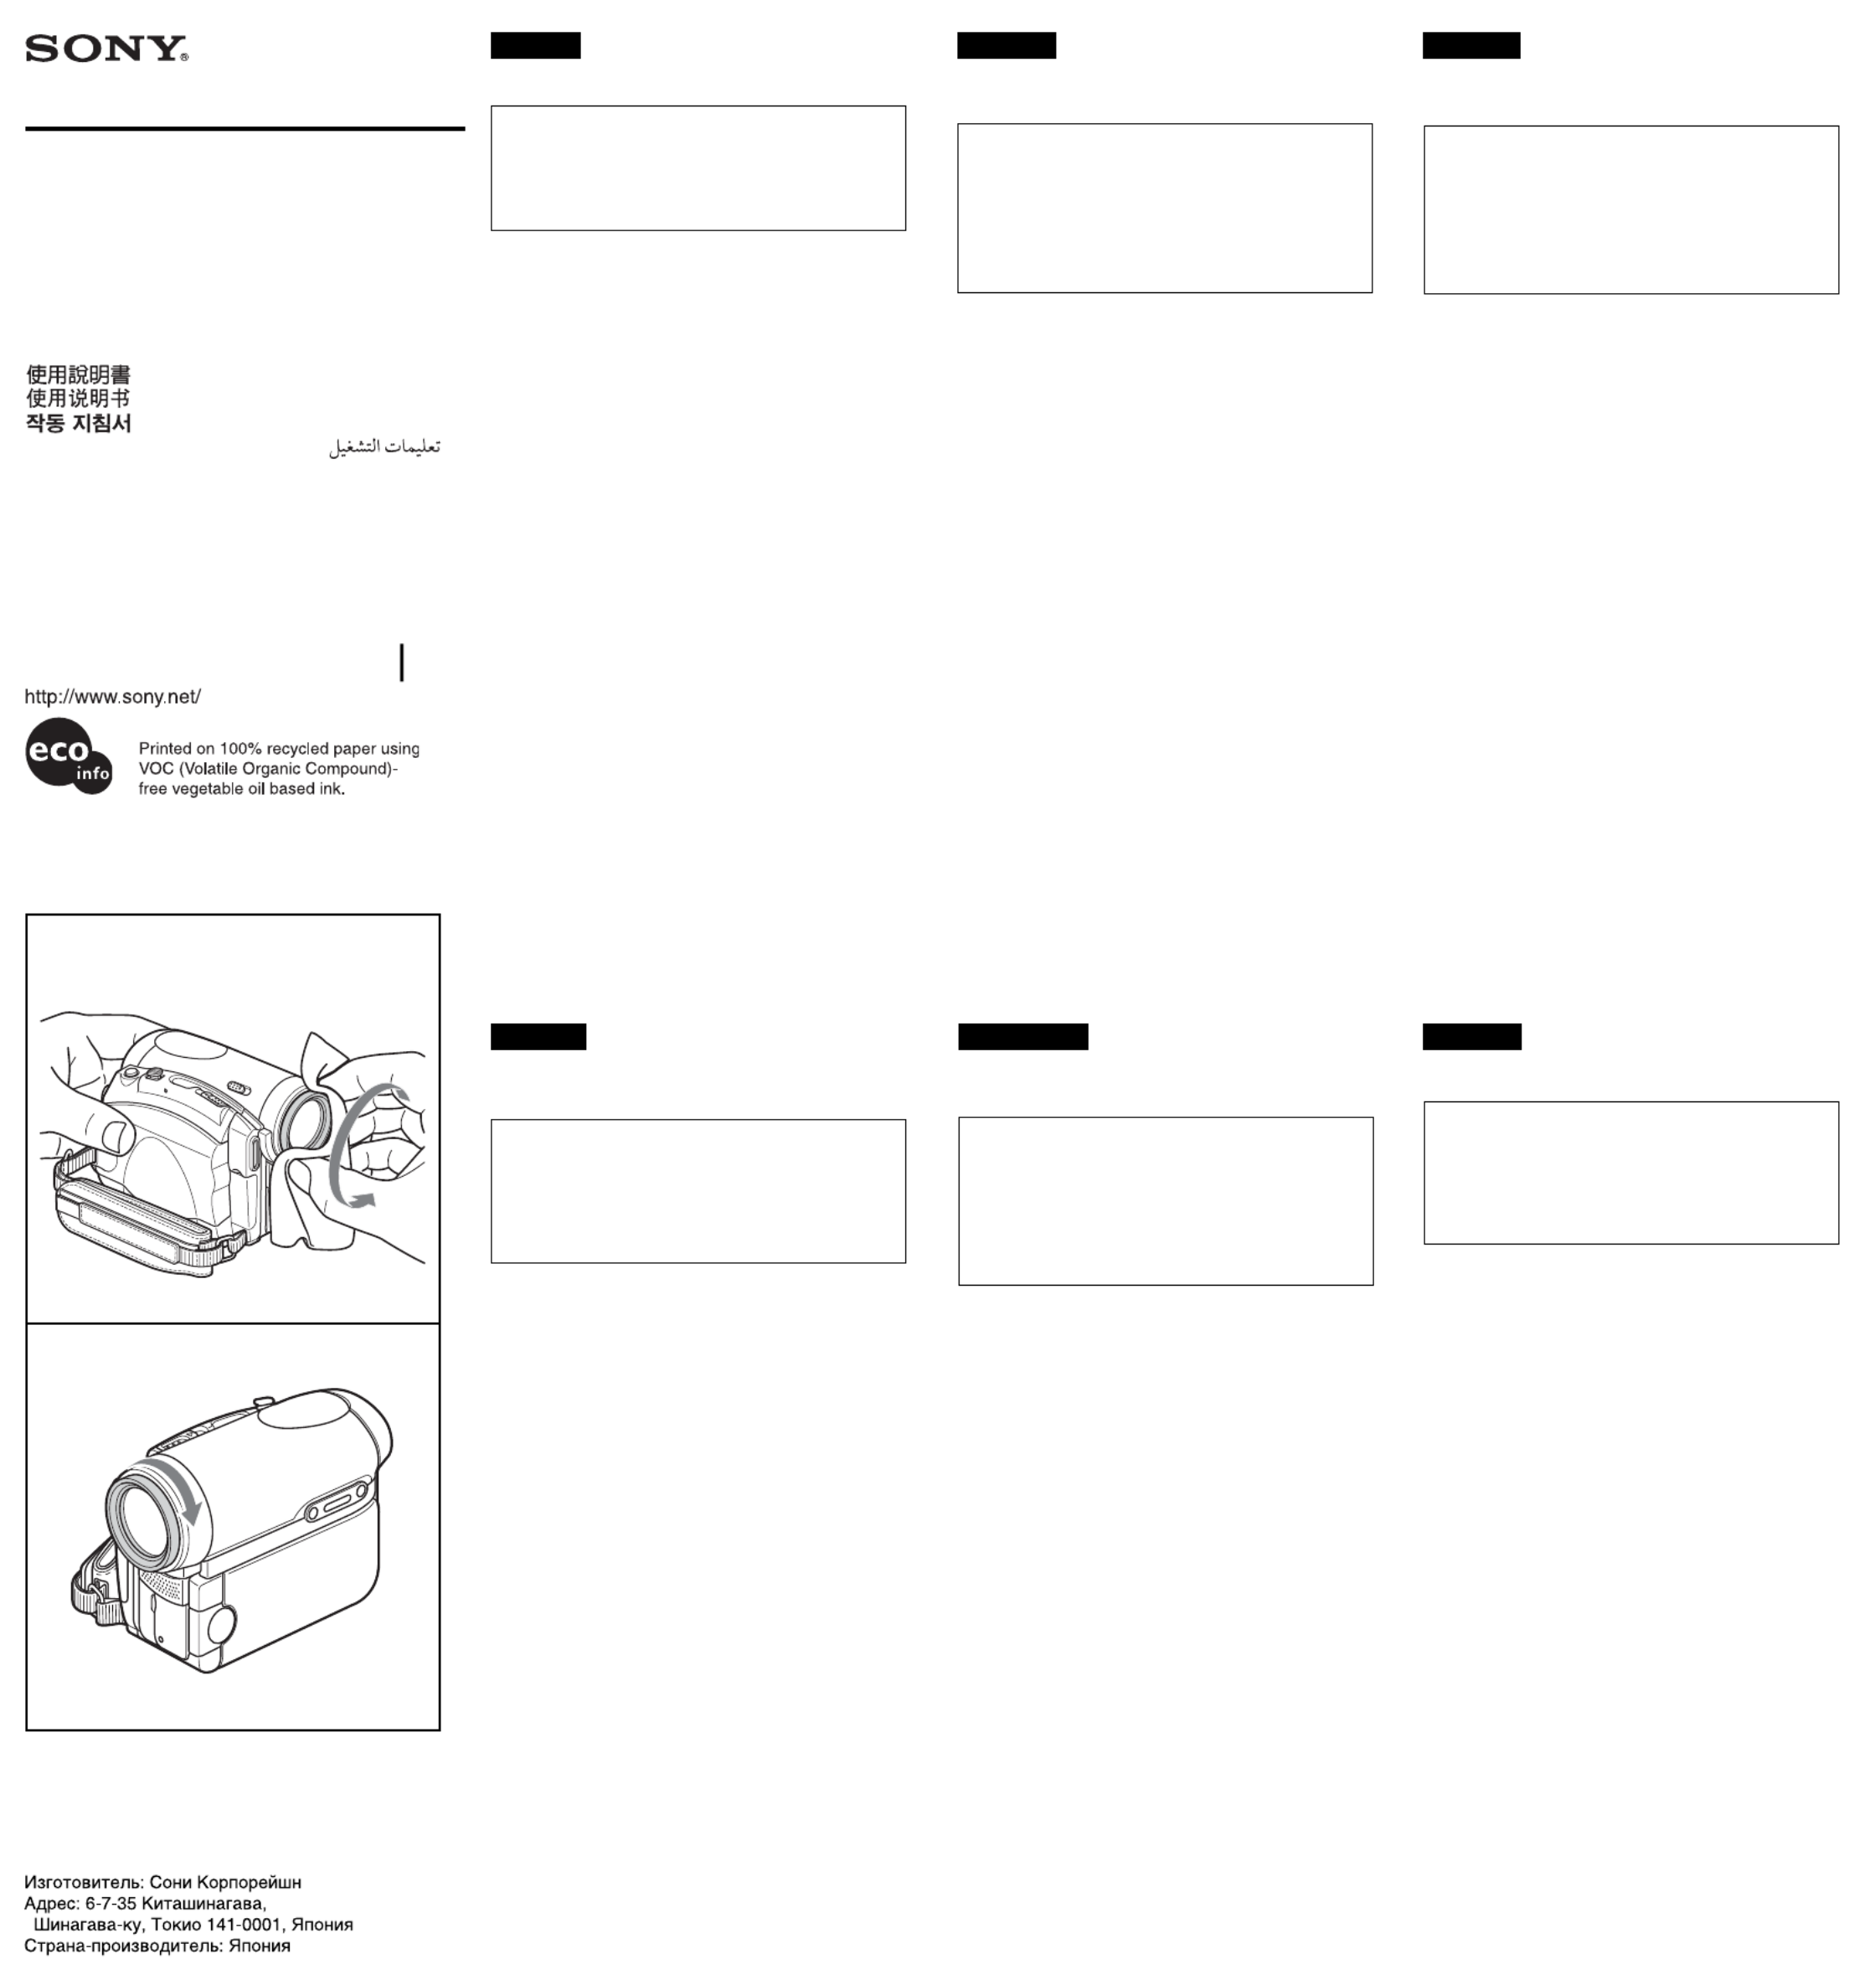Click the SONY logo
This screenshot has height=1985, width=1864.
tap(107, 49)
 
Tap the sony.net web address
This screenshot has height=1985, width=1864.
tap(113, 697)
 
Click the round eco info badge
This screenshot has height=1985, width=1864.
tap(69, 755)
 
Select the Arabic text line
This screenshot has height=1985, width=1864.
tap(384, 446)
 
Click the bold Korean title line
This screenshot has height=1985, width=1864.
tap(79, 422)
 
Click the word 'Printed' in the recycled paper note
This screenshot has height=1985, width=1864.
tap(166, 749)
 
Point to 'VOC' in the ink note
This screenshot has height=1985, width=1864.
tap(157, 769)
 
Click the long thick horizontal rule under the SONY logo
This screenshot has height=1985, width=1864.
tap(245, 129)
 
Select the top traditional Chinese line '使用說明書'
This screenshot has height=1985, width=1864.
tap(79, 374)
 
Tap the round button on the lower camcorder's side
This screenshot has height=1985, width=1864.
tap(222, 1622)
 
